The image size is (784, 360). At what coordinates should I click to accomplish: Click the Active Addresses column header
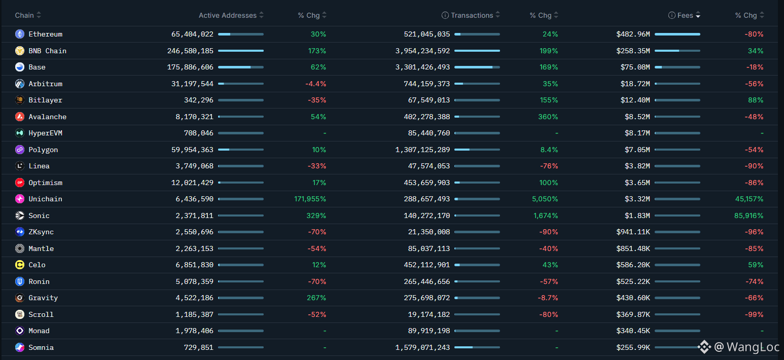[227, 15]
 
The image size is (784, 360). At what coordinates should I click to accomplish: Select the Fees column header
[685, 15]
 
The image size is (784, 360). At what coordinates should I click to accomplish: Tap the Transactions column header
[472, 15]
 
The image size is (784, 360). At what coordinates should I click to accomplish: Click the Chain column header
[24, 15]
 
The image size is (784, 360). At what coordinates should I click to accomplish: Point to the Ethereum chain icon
[20, 34]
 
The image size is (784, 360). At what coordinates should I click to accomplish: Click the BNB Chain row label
[47, 51]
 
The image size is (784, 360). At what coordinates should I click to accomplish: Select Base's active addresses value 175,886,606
[190, 67]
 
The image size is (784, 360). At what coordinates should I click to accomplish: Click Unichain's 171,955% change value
[310, 199]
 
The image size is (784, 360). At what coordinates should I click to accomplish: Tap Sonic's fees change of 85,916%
[749, 215]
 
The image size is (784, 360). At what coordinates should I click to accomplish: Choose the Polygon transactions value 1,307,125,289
[422, 150]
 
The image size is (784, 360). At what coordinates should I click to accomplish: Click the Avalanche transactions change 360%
[548, 117]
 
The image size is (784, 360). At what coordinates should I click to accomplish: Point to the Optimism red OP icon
[20, 183]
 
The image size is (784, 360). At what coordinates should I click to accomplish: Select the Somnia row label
[41, 347]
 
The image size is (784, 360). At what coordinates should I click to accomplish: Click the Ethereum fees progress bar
[677, 34]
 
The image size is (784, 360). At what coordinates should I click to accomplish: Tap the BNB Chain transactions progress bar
[477, 51]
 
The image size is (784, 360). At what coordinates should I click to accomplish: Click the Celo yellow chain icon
[20, 265]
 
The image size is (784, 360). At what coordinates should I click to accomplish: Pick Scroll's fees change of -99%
[754, 314]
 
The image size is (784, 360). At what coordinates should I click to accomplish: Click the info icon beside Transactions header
[445, 15]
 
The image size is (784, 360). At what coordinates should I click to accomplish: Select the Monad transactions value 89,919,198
[429, 331]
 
